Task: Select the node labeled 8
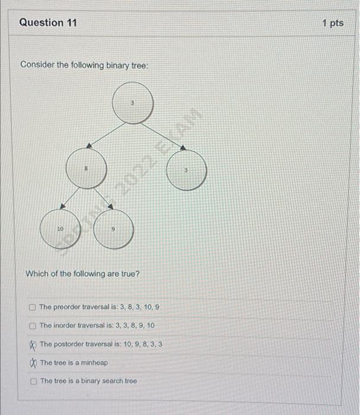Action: pyautogui.click(x=86, y=170)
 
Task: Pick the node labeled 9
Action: pyautogui.click(x=113, y=229)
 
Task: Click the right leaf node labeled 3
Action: pyautogui.click(x=186, y=171)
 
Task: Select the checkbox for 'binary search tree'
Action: pyautogui.click(x=34, y=381)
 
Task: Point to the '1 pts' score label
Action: pyautogui.click(x=333, y=23)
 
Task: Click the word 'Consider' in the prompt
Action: pyautogui.click(x=37, y=64)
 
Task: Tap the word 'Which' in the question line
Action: pyautogui.click(x=36, y=273)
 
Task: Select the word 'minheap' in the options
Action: pyautogui.click(x=94, y=362)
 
